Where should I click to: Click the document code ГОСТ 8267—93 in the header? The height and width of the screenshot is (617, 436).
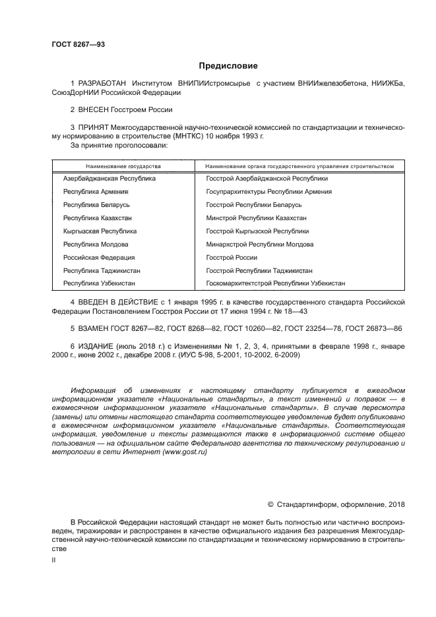coord(78,44)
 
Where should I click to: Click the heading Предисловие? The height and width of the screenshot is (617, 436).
coord(228,66)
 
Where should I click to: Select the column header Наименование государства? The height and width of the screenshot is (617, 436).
coord(123,166)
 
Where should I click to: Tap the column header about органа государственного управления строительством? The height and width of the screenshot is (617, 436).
coord(300,166)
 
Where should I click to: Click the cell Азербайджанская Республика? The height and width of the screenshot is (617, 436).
coord(109,179)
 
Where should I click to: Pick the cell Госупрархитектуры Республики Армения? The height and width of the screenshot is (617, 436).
coord(269,192)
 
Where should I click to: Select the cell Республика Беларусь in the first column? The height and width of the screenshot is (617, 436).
coord(96,205)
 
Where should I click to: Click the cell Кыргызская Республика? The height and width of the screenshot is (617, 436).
coord(100,231)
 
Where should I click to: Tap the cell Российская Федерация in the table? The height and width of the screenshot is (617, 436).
coord(99,258)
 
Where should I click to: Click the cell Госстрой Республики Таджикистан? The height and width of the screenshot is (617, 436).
coord(259,271)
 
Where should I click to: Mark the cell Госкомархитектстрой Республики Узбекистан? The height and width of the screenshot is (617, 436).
coord(275,283)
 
